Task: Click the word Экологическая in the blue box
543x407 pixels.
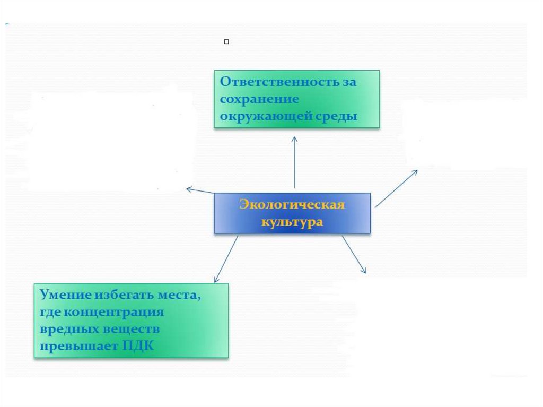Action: tap(292, 205)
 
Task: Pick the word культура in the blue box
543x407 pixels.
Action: tap(292, 222)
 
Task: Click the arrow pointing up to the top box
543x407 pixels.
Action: tap(294, 162)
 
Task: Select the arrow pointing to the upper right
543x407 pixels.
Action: tap(396, 188)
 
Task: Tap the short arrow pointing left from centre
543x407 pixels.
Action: tap(200, 190)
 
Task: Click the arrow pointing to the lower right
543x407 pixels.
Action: tap(354, 255)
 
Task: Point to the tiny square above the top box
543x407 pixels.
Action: tap(226, 41)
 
